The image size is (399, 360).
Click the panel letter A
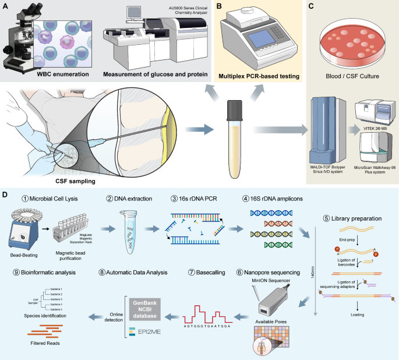(5, 6)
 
